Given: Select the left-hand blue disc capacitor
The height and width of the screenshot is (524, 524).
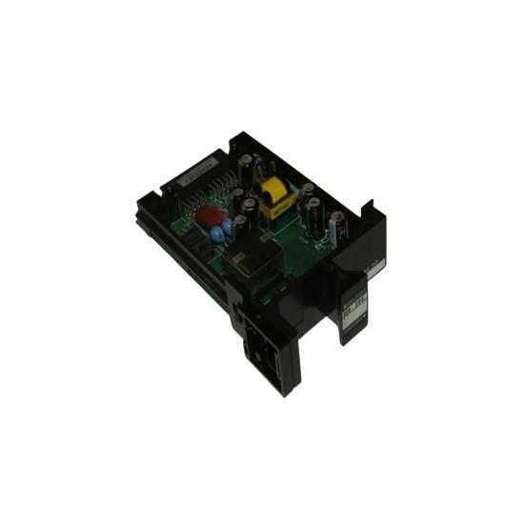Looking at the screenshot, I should (x=216, y=232).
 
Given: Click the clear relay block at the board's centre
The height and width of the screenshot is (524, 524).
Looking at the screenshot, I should (x=258, y=256).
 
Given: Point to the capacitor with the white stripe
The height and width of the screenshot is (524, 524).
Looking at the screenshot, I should (x=337, y=229).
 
